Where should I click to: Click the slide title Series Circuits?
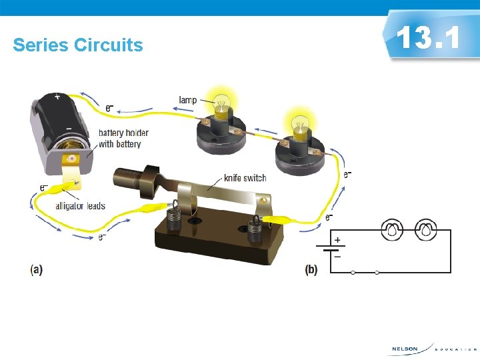tap(78, 45)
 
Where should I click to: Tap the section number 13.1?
tap(427, 37)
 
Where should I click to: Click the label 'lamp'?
tap(188, 100)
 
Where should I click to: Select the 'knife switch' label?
tap(245, 178)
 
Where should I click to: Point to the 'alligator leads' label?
tap(80, 206)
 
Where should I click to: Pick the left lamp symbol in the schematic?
tap(392, 231)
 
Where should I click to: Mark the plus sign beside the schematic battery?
tap(338, 239)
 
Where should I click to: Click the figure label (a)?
tap(36, 269)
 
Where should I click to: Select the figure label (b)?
tap(311, 269)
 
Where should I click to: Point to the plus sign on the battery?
tap(57, 97)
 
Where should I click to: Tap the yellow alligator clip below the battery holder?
tap(69, 187)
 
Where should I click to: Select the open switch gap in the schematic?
tap(365, 272)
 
